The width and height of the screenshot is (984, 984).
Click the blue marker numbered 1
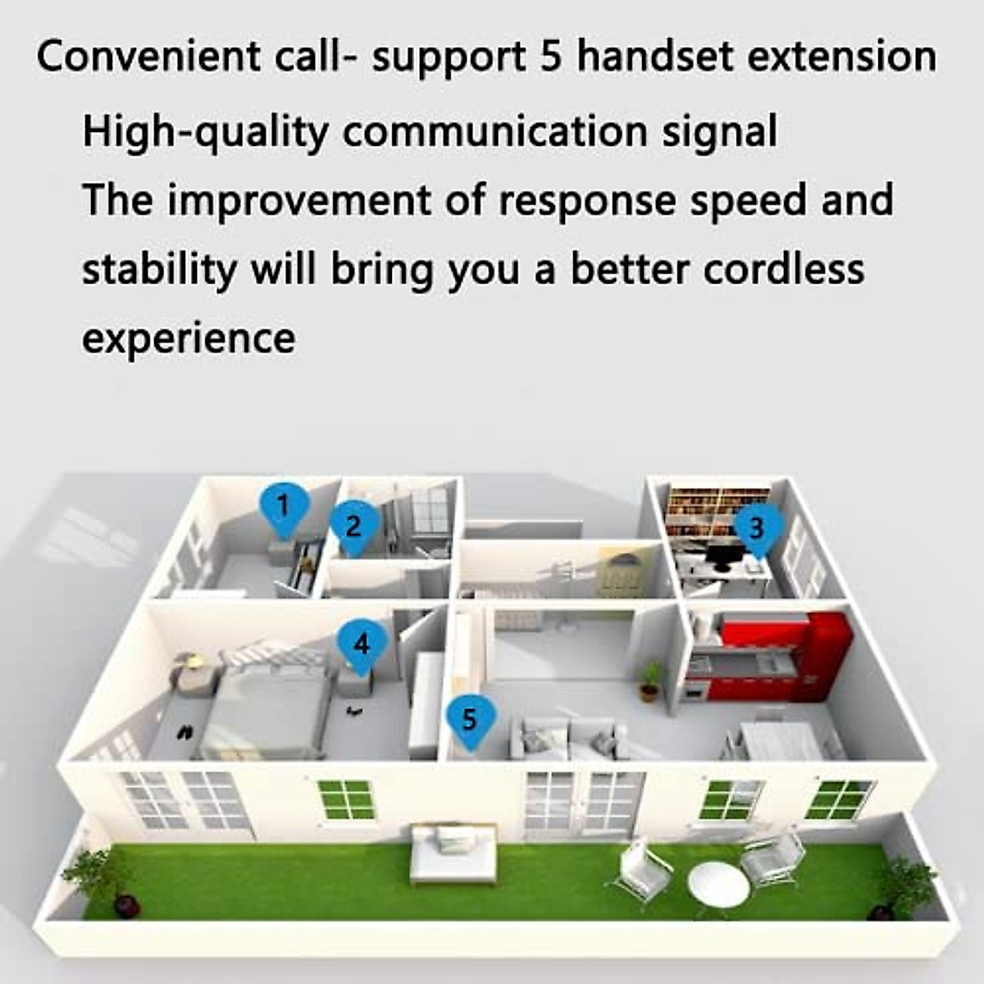(284, 508)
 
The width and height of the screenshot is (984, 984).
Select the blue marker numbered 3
(758, 530)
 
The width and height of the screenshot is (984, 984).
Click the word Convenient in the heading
(148, 57)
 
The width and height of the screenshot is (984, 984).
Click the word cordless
(784, 269)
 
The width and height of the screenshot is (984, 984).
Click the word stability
(159, 271)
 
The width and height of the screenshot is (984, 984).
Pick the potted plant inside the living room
(649, 681)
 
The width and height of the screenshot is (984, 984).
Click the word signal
(719, 133)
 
